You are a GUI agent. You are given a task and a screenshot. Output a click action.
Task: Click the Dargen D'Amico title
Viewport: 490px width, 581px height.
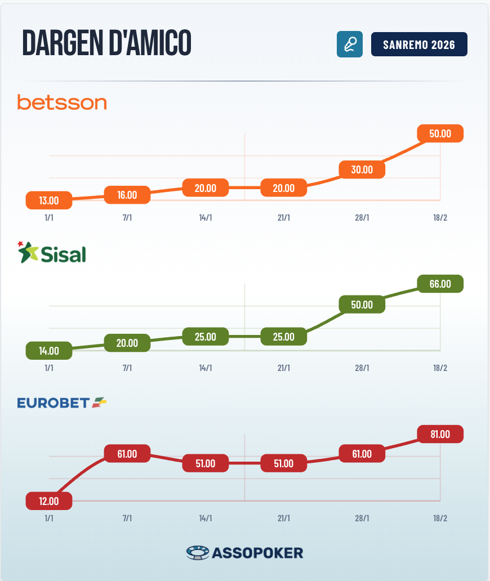(x=106, y=43)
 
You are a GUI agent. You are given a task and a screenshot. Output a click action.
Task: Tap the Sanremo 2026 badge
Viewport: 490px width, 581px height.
(x=419, y=44)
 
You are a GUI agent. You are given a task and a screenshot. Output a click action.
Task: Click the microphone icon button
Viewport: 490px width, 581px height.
(x=349, y=44)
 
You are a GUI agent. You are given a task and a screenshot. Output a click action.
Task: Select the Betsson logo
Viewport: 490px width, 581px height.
(x=62, y=102)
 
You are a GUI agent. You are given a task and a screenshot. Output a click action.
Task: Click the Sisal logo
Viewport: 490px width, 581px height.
(x=52, y=253)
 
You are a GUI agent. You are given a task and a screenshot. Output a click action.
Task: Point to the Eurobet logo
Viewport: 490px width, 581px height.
(x=62, y=403)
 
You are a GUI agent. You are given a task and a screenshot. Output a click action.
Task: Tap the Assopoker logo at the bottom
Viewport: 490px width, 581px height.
(x=244, y=553)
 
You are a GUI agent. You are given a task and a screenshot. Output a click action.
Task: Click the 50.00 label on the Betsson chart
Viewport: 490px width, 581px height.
(x=440, y=133)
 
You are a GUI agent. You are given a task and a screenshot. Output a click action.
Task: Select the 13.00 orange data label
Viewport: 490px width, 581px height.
(x=49, y=200)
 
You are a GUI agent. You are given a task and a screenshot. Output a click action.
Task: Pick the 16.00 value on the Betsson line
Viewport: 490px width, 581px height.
(x=127, y=195)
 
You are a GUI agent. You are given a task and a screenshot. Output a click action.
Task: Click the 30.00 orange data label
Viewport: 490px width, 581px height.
(x=362, y=169)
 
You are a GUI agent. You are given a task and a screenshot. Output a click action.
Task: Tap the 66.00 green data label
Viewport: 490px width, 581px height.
(x=440, y=284)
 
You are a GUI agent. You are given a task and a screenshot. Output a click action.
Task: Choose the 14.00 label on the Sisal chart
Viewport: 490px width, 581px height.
(x=49, y=350)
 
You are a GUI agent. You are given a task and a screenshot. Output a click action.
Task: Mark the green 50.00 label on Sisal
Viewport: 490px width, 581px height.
(x=362, y=305)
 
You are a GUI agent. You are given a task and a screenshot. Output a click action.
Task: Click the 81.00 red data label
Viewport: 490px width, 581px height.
(x=440, y=434)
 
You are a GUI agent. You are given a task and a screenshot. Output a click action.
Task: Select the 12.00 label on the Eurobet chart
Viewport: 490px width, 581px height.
(x=49, y=500)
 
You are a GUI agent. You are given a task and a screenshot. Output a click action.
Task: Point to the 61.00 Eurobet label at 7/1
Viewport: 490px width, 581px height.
(x=127, y=454)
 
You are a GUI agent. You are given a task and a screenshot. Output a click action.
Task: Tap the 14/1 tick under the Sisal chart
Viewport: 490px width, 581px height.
(x=206, y=368)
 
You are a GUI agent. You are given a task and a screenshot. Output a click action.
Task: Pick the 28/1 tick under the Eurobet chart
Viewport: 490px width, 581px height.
(x=362, y=518)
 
